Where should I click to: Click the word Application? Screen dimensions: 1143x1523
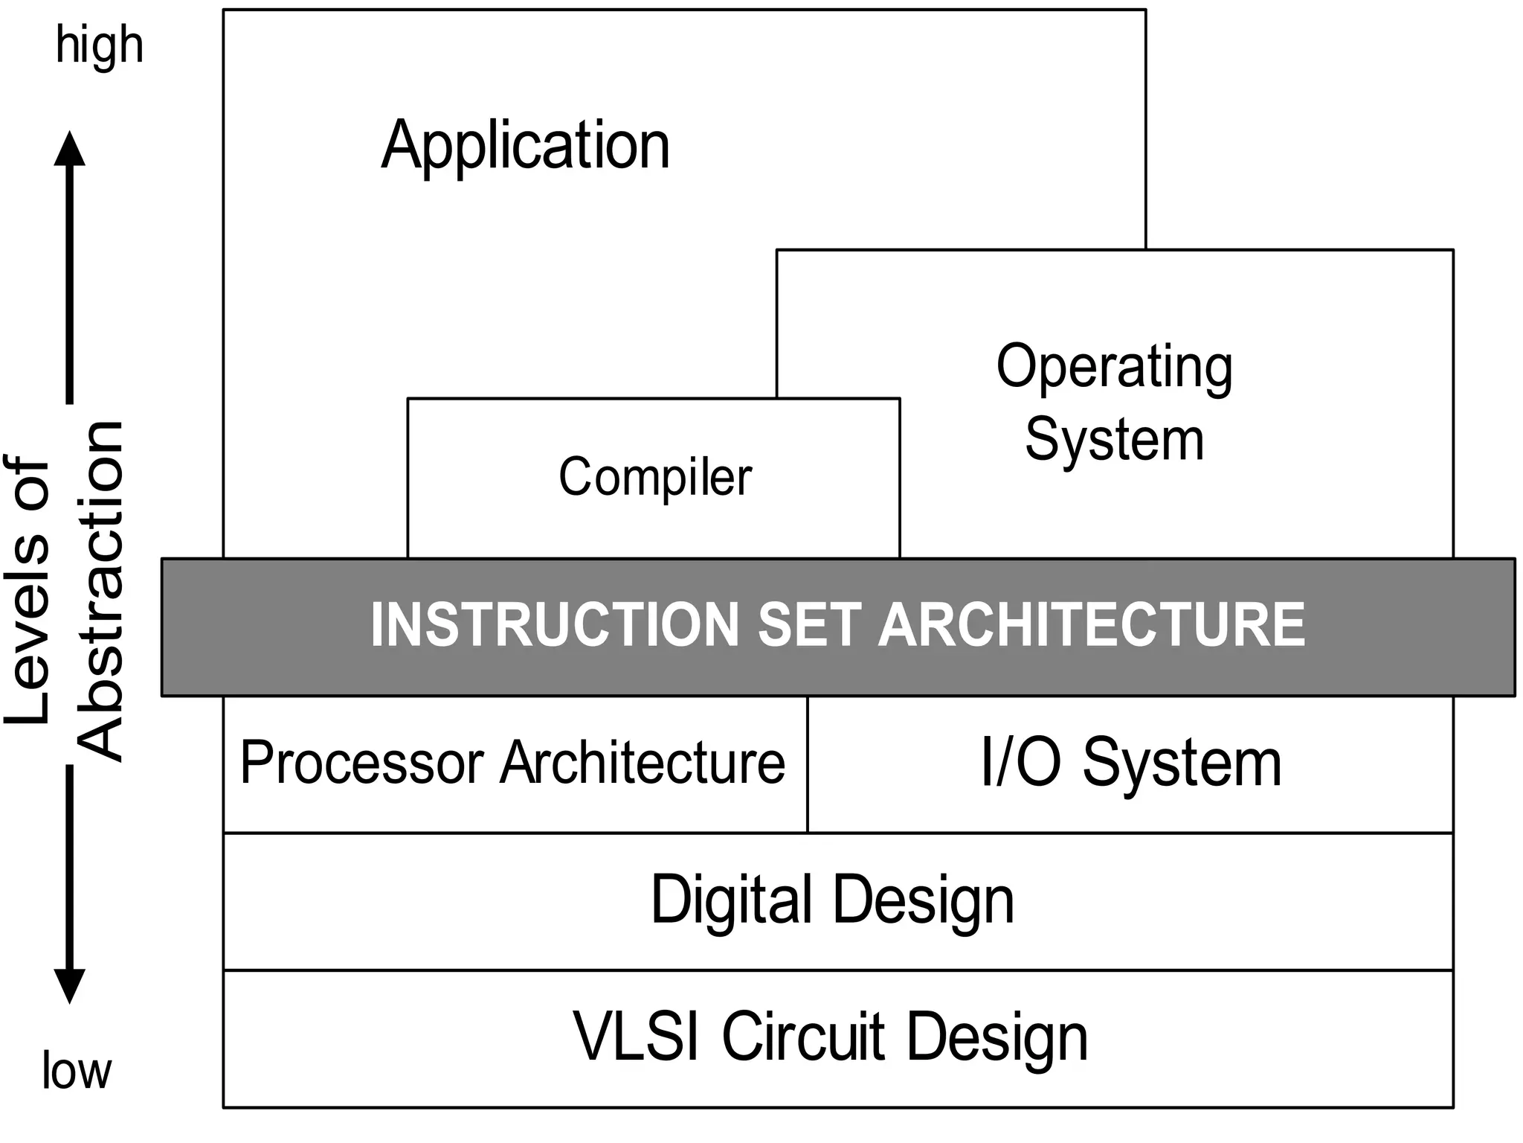tap(525, 146)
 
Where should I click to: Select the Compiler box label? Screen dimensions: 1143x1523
tap(654, 477)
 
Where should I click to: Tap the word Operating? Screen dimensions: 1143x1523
tap(1114, 368)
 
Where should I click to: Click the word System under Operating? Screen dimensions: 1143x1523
tap(1114, 441)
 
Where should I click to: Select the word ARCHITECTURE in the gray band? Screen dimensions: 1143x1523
tap(1091, 625)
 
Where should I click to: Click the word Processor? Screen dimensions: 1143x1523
tap(362, 763)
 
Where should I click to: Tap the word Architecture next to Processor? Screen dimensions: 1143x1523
tap(643, 763)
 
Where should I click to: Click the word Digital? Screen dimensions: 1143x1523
tap(731, 900)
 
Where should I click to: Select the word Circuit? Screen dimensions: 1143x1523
tap(803, 1037)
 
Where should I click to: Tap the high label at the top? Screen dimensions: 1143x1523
tap(100, 46)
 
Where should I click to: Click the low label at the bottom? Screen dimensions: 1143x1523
tap(77, 1071)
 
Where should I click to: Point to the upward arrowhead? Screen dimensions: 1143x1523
tap(70, 149)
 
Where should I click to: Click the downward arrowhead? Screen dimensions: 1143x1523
tap(70, 987)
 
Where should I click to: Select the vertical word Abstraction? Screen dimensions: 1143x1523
tap(101, 592)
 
